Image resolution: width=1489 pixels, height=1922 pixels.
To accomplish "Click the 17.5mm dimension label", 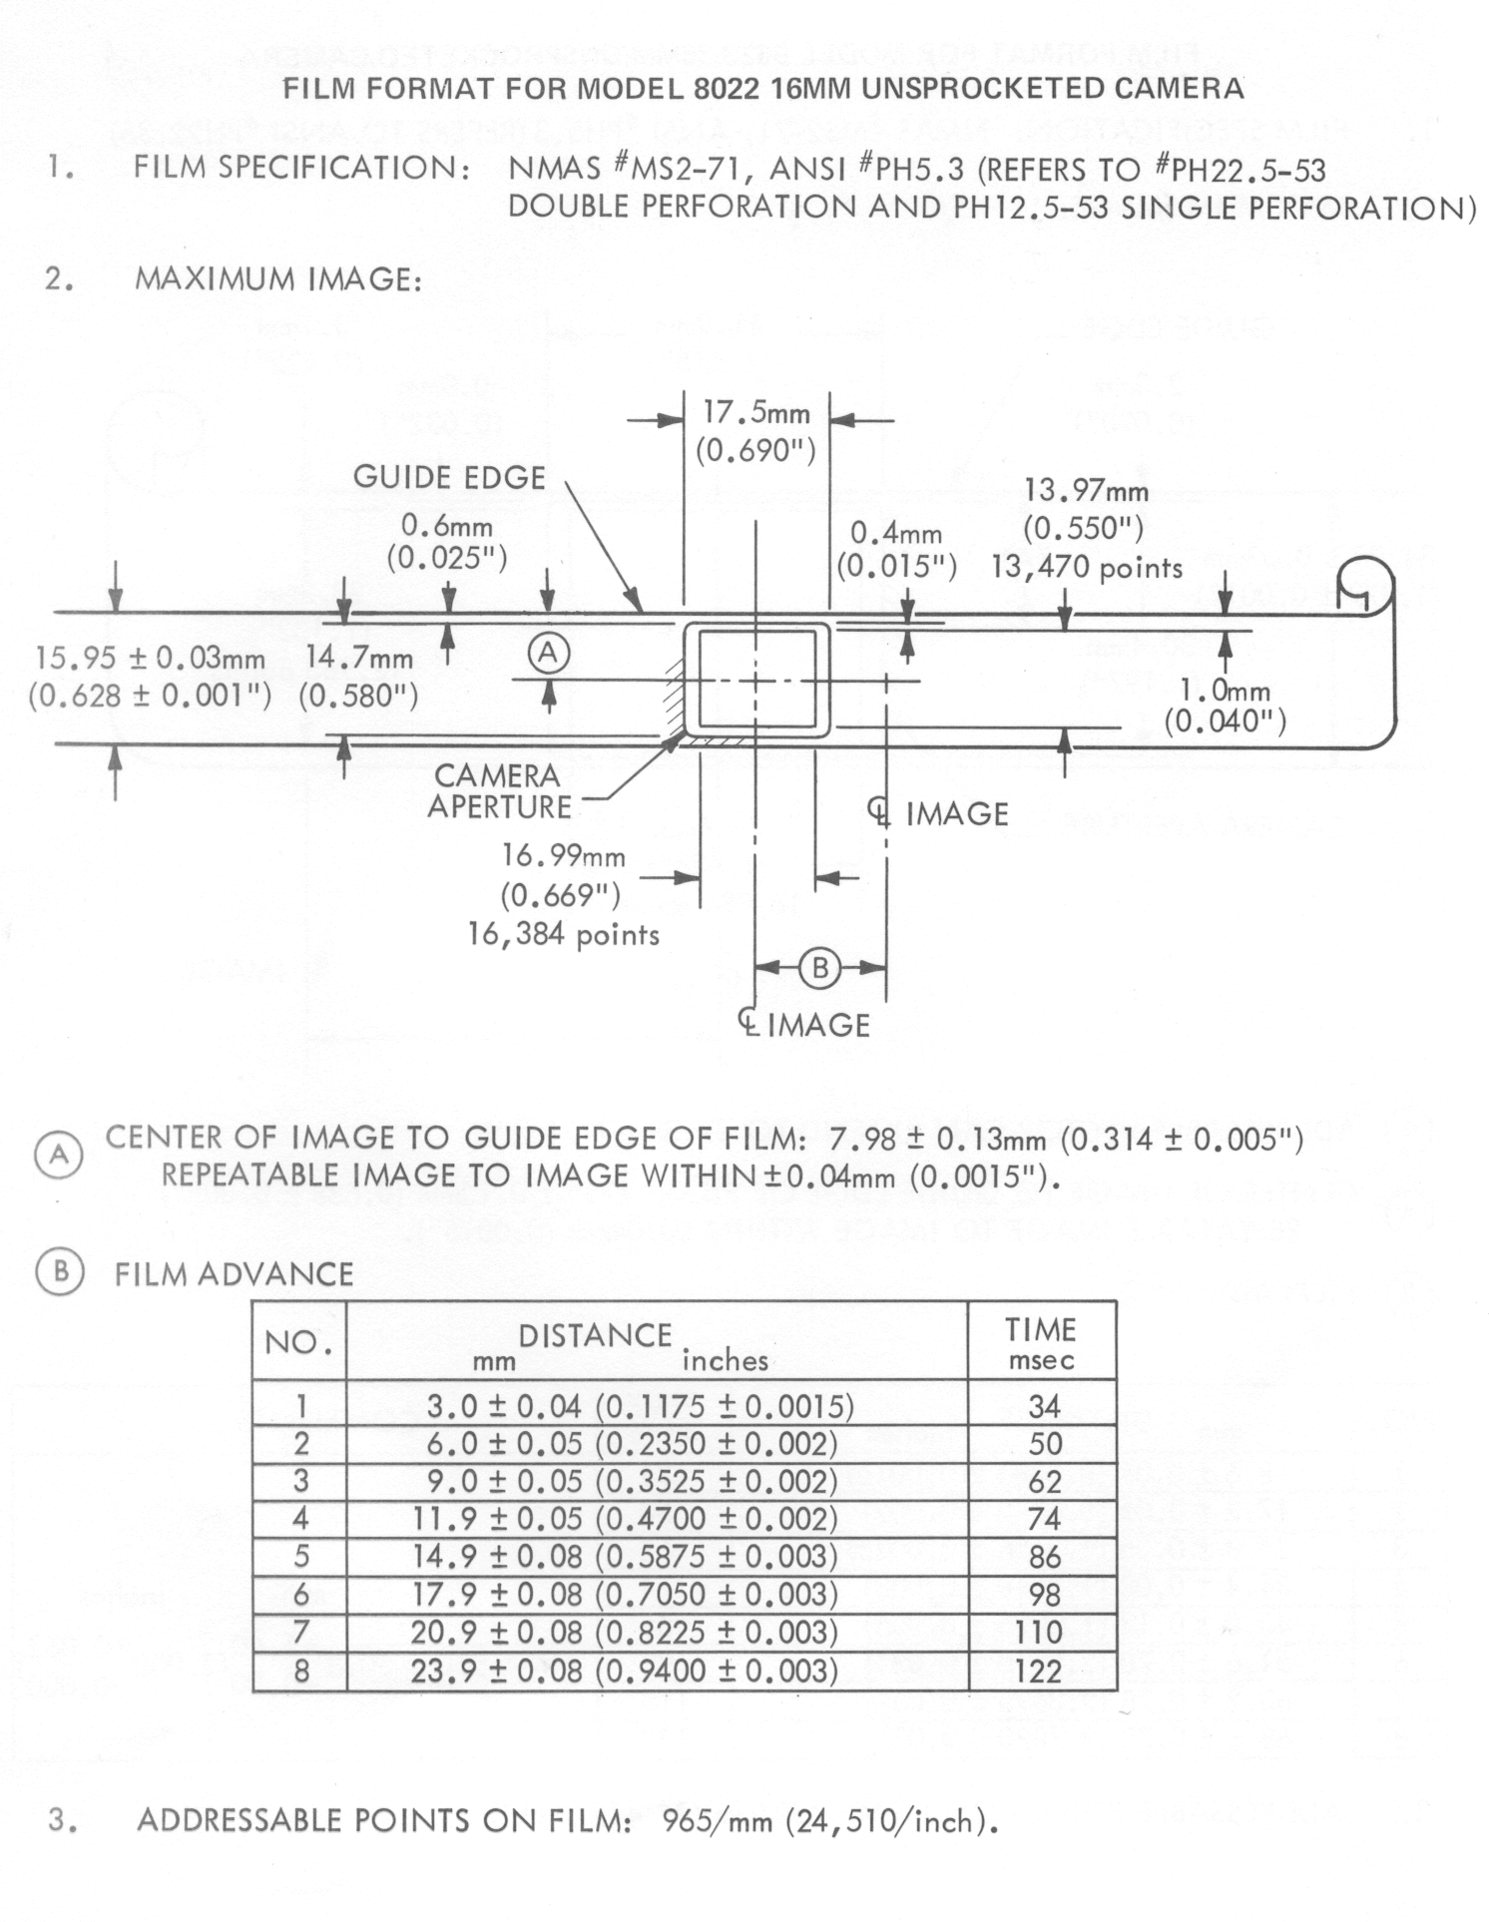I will click(x=755, y=412).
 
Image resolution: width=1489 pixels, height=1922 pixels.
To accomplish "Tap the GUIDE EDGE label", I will click(x=449, y=477).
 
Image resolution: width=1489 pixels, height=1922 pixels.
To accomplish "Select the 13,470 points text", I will click(x=1086, y=567).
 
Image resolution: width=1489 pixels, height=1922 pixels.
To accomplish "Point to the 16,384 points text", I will click(x=564, y=934).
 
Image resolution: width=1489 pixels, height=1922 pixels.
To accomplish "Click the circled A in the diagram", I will click(x=548, y=654).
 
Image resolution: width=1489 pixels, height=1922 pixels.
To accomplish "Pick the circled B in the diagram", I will click(x=819, y=968).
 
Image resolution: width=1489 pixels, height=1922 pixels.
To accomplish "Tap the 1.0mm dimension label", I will click(x=1225, y=691).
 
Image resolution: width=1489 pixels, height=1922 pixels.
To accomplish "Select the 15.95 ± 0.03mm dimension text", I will click(x=151, y=659).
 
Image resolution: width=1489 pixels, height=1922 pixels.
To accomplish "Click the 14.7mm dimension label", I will click(x=359, y=658).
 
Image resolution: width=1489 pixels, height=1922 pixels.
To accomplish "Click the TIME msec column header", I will click(x=1041, y=1342).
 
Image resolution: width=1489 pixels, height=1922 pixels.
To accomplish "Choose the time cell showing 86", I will click(x=1043, y=1556).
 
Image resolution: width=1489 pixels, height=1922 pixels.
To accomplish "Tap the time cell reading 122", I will click(x=1038, y=1671).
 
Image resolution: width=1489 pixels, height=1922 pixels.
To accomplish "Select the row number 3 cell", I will click(x=300, y=1481).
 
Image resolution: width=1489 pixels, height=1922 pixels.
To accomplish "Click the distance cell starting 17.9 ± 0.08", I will click(x=625, y=1594).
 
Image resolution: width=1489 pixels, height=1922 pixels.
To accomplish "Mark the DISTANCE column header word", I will click(x=595, y=1335).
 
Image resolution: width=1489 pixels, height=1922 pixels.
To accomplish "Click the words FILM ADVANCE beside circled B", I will click(x=234, y=1274).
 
